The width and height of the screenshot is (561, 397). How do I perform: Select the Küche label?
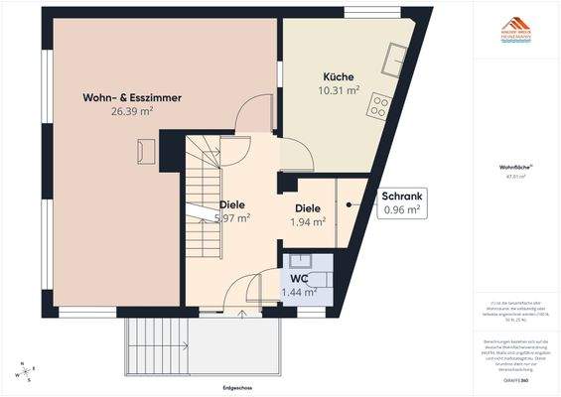tap(338, 77)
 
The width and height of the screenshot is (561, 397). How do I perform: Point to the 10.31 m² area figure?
tap(338, 91)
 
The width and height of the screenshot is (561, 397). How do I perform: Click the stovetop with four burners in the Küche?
tap(378, 106)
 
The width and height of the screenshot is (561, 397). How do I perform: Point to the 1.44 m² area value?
tap(300, 293)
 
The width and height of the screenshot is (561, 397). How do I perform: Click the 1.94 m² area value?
tap(309, 222)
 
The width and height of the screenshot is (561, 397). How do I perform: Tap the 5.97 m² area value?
tap(232, 218)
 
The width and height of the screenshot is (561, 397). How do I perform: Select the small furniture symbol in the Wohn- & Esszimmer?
tap(146, 151)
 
